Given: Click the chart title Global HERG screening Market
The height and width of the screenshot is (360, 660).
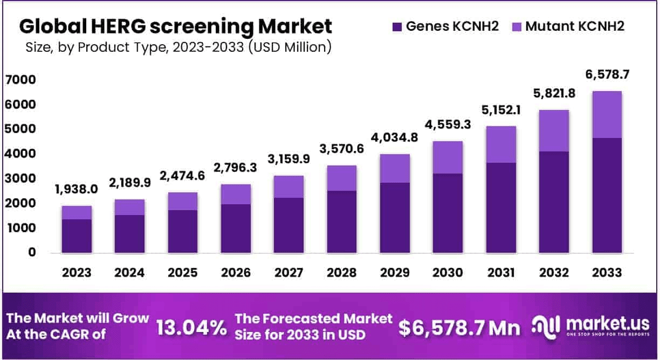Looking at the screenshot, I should point(175,25).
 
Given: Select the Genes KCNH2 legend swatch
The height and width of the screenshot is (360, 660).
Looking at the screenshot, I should point(397,26).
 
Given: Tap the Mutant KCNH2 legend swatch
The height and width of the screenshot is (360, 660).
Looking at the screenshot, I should point(516,26).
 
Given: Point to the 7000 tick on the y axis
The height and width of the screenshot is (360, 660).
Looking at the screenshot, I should point(20,80).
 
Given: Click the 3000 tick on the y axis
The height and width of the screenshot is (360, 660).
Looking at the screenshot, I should point(20,179).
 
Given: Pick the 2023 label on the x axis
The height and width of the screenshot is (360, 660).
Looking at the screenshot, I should point(77,273).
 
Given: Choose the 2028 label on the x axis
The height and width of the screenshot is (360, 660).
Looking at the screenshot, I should point(342,273).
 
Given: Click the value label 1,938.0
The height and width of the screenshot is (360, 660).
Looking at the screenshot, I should point(77,189).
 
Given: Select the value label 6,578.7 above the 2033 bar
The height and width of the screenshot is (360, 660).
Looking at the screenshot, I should point(607,74).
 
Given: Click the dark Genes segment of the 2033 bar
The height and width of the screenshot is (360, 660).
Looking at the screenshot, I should point(607,195).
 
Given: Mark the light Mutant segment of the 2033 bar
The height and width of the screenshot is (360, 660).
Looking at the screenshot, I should point(607,114).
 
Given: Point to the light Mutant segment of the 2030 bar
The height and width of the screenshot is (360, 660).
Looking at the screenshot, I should point(448,157).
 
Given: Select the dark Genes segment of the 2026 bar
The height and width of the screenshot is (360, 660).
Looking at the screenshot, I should point(236,229).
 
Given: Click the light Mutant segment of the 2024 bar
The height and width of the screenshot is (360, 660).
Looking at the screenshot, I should point(129,207).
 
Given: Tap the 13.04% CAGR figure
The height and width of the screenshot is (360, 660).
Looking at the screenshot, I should point(191,327).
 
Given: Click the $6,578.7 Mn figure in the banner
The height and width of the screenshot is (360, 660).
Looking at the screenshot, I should point(459,327).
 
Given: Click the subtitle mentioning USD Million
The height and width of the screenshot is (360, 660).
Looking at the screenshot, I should point(178,47).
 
